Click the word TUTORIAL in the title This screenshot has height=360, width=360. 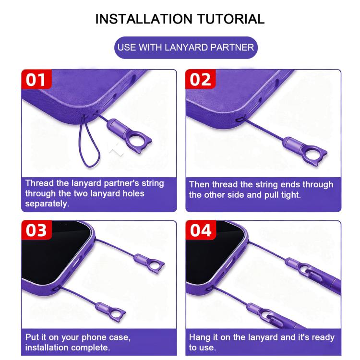coord(231,19)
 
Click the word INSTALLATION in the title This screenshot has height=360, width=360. coord(144,19)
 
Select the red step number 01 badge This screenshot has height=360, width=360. coord(36,79)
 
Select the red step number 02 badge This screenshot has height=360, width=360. coord(200,79)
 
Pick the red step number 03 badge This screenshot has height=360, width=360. coord(36,230)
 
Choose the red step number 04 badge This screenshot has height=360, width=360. coord(201,230)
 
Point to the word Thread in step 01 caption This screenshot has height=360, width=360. coord(39,183)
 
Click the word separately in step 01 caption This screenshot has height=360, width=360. coord(47,204)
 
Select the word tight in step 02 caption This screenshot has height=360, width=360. coord(291,195)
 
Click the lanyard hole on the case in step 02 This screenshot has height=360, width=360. coord(240,120)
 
